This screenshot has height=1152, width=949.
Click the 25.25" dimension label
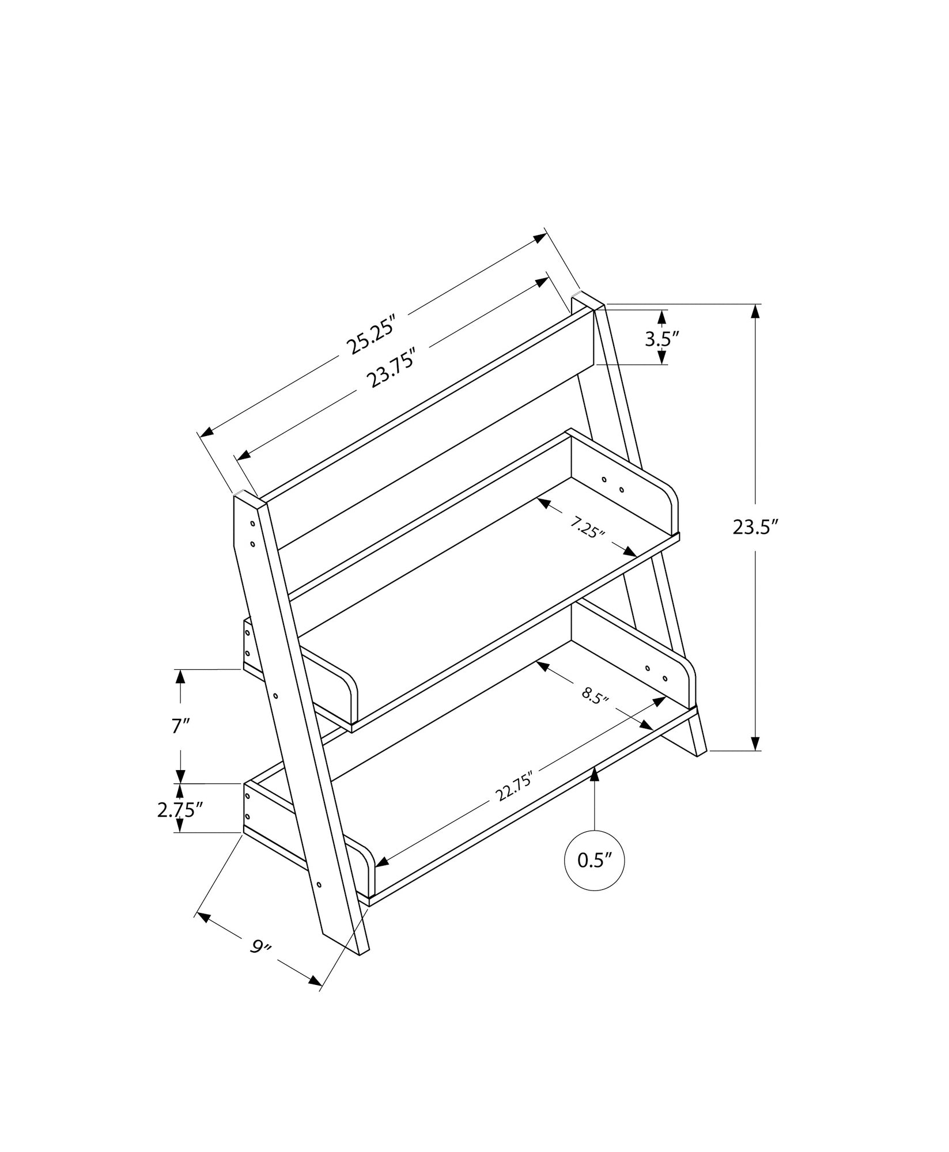coord(372,335)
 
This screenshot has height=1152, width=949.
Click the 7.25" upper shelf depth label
coord(587,526)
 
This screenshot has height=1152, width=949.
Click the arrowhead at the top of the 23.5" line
coord(755,312)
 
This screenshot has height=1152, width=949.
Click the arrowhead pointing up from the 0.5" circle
coord(595,775)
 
